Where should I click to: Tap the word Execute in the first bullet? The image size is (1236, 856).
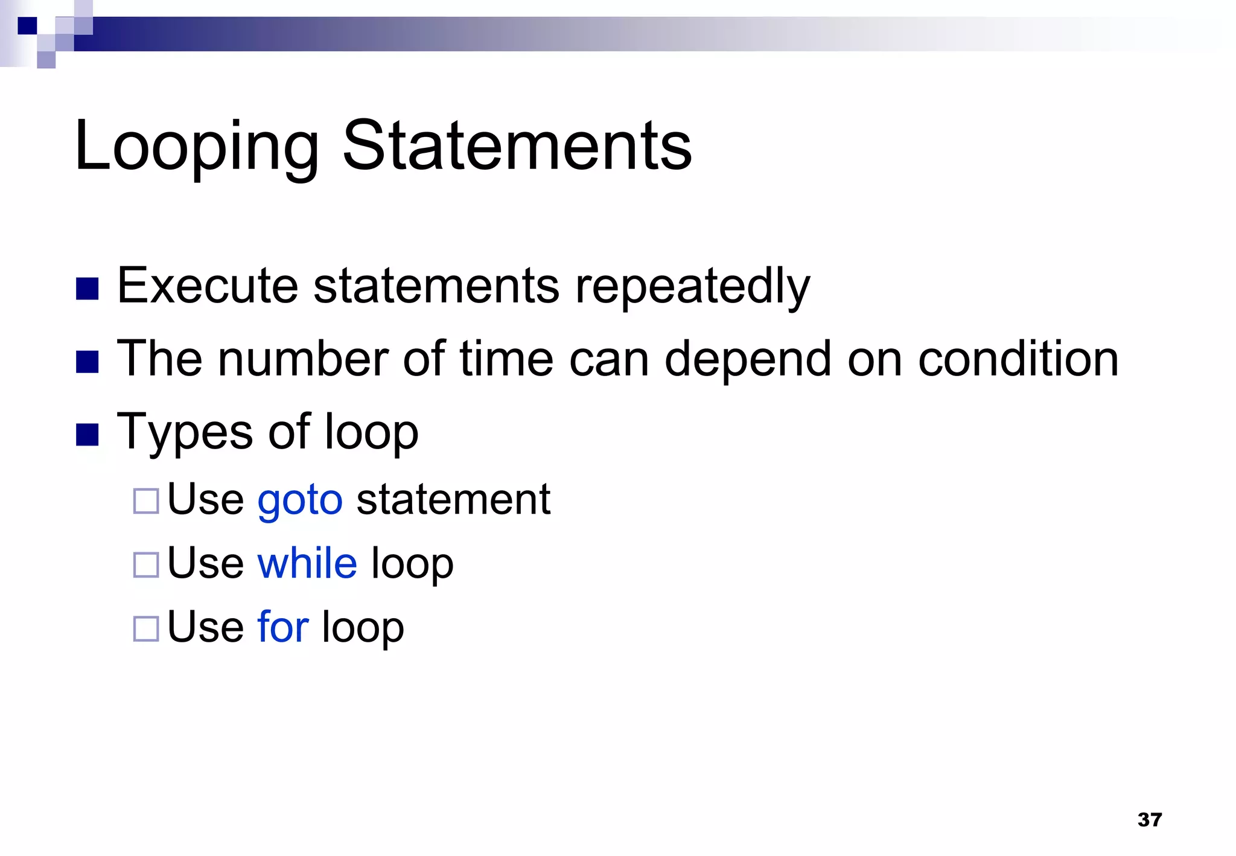pyautogui.click(x=208, y=286)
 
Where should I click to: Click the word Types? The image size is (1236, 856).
pyautogui.click(x=185, y=433)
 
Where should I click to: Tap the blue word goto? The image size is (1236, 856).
pyautogui.click(x=300, y=501)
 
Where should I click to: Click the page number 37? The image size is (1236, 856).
pyautogui.click(x=1149, y=819)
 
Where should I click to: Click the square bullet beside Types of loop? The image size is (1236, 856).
pyautogui.click(x=88, y=435)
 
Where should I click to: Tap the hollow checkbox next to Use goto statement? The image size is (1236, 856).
pyautogui.click(x=146, y=501)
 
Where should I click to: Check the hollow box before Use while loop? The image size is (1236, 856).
pyautogui.click(x=146, y=565)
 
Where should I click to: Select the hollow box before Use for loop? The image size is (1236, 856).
pyautogui.click(x=146, y=628)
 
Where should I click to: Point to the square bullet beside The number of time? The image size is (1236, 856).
pyautogui.click(x=88, y=362)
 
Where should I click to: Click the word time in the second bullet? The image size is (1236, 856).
pyautogui.click(x=506, y=359)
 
